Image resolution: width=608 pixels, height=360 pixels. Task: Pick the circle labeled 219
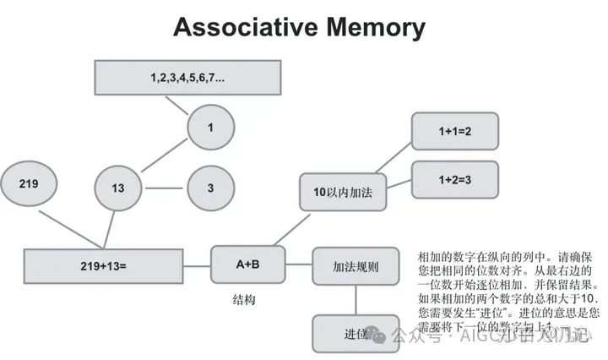[30, 183]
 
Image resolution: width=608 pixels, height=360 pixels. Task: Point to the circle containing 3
[210, 187]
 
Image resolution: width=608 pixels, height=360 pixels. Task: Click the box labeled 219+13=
[104, 266]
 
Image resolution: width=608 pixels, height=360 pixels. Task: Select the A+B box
[247, 265]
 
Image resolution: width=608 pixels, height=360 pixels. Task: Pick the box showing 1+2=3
[454, 179]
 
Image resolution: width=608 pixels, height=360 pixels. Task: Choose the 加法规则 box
[356, 266]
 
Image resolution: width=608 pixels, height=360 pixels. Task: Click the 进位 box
[356, 333]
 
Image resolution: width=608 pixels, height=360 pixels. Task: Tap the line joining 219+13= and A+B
[197, 265]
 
